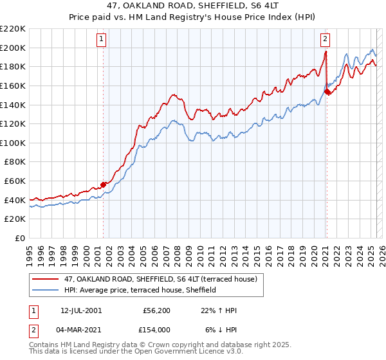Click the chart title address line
(x=192, y=6)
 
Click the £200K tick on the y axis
(x=14, y=48)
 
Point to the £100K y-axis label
(x=14, y=143)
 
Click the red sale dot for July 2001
(x=103, y=184)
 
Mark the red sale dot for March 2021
(x=327, y=91)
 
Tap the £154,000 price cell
(x=158, y=328)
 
